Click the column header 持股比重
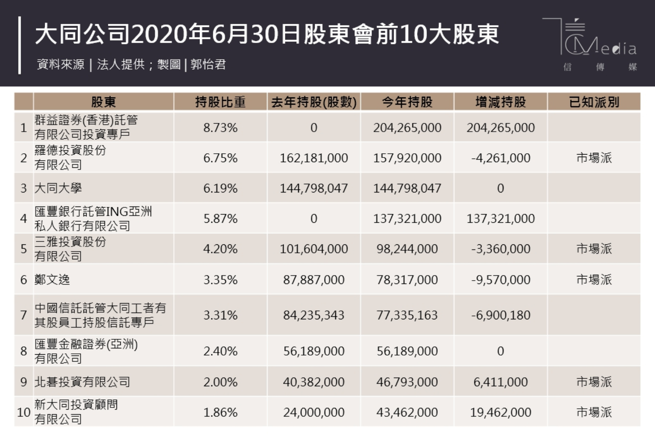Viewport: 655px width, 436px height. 220,102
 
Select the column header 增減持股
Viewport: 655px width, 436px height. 501,102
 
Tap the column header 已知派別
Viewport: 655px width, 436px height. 594,102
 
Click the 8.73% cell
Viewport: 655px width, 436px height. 220,128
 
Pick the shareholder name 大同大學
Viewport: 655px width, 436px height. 58,188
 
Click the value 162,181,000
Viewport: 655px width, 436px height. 313,158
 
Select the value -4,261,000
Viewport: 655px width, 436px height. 501,158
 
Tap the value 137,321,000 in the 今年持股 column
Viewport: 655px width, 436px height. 407,218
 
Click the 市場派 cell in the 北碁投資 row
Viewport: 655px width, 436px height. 594,382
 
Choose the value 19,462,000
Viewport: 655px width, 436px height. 501,412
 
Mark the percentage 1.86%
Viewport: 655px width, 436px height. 220,412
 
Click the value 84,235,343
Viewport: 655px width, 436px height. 313,315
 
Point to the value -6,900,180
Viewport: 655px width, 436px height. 501,315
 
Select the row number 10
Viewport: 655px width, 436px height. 23,412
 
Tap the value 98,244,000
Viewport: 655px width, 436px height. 407,249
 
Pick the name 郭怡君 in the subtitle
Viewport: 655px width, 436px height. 208,65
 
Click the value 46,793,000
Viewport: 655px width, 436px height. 407,382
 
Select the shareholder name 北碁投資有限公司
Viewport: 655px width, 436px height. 82,382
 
